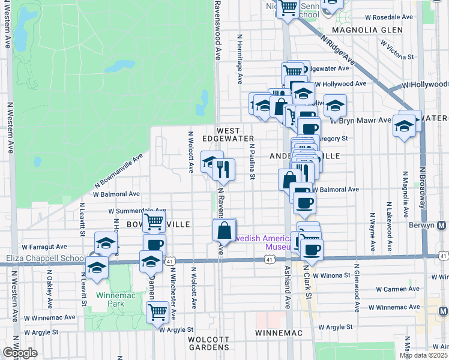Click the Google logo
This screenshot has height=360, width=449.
pos(20,353)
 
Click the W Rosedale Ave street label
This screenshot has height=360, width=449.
pos(390,17)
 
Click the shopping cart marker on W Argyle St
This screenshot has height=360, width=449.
pos(157,311)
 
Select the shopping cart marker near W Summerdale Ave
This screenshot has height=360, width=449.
pos(155,221)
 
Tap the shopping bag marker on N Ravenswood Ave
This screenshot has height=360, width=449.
pos(224,230)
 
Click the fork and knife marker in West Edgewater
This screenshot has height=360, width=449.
pos(224,170)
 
